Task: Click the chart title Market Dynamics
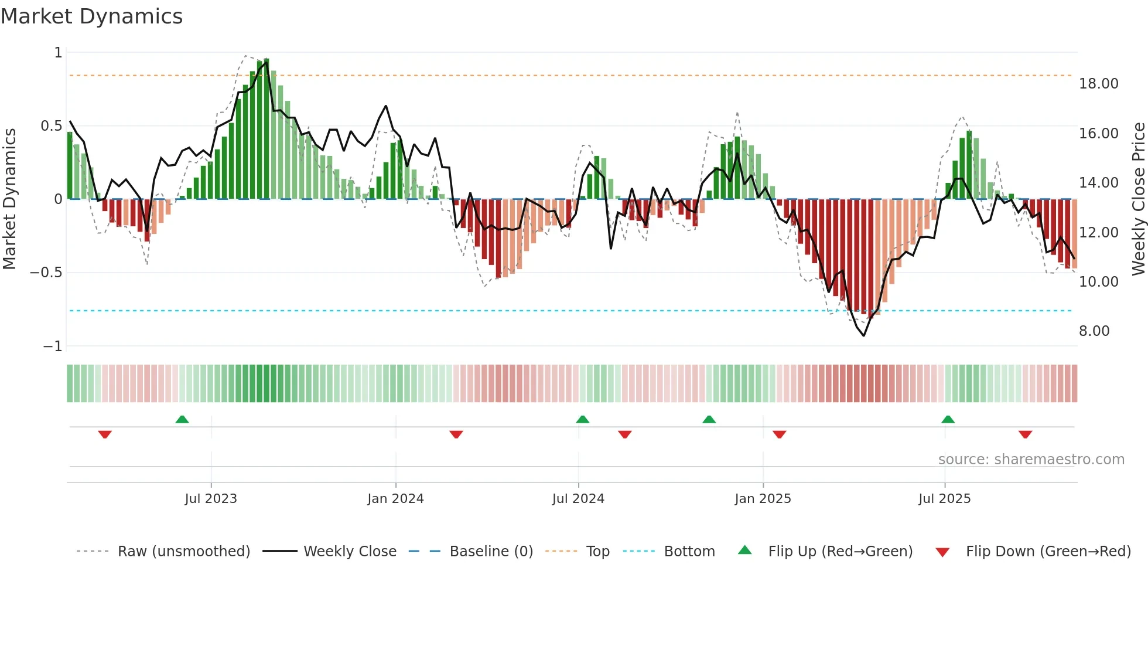(x=91, y=16)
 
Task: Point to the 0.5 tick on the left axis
(x=51, y=126)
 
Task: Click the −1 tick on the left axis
(x=52, y=346)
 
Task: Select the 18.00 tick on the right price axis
(x=1098, y=84)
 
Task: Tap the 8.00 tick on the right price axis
(x=1094, y=331)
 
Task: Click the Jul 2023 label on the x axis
(x=211, y=499)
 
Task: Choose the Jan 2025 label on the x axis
(x=763, y=499)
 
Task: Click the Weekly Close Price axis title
(x=1138, y=199)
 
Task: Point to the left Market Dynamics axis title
(x=9, y=199)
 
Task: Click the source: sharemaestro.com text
(x=1031, y=460)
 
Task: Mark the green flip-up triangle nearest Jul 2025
(x=948, y=419)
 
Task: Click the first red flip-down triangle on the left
(x=105, y=434)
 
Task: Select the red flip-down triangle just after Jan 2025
(x=779, y=434)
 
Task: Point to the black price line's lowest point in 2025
(x=863, y=335)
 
